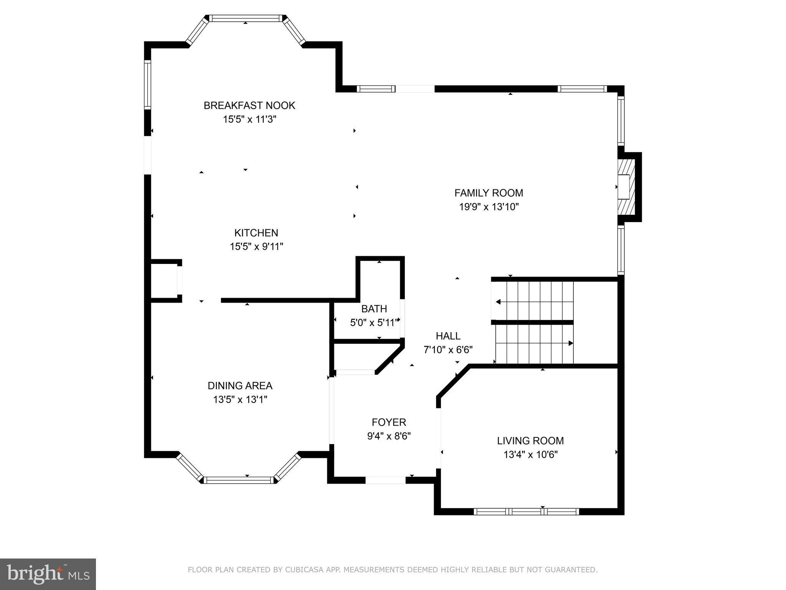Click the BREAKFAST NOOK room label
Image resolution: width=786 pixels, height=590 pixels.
[x=249, y=105]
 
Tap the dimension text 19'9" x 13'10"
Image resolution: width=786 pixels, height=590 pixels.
[x=489, y=207]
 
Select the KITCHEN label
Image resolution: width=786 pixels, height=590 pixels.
[x=256, y=233]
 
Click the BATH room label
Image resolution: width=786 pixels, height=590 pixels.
[x=374, y=309]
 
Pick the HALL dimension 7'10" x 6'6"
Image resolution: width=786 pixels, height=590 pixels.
[x=448, y=350]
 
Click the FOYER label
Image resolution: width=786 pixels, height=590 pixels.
[x=389, y=423]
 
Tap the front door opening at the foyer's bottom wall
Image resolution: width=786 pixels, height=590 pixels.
[x=385, y=480]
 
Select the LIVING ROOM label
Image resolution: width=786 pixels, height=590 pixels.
[x=530, y=441]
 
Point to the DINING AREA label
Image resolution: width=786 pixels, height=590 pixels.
[x=240, y=386]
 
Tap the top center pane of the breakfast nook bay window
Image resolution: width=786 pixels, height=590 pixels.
[x=246, y=18]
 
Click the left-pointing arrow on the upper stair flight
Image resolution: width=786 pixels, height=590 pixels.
[x=498, y=302]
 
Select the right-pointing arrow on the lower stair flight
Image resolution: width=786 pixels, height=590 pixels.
[x=571, y=343]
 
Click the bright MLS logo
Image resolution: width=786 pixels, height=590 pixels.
[x=48, y=574]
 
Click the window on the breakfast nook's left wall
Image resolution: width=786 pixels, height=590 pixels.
[x=147, y=84]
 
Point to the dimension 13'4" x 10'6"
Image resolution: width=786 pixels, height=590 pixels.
[x=530, y=455]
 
